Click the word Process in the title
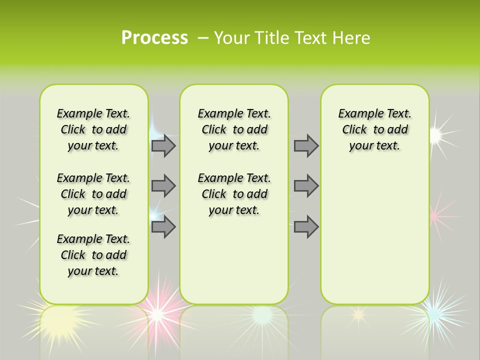pyautogui.click(x=154, y=38)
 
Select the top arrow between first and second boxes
pyautogui.click(x=163, y=145)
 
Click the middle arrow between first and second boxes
pyautogui.click(x=163, y=186)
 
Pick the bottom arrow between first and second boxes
pyautogui.click(x=163, y=227)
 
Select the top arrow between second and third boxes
pyautogui.click(x=306, y=145)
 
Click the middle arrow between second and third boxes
pyautogui.click(x=306, y=186)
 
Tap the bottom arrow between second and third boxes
pyautogui.click(x=306, y=227)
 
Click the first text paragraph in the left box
pyautogui.click(x=93, y=129)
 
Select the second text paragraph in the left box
pyautogui.click(x=93, y=194)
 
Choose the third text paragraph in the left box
pyautogui.click(x=93, y=255)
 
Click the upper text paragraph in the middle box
pyautogui.click(x=234, y=129)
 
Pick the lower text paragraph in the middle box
pyautogui.click(x=234, y=194)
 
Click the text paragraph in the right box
pyautogui.click(x=374, y=129)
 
